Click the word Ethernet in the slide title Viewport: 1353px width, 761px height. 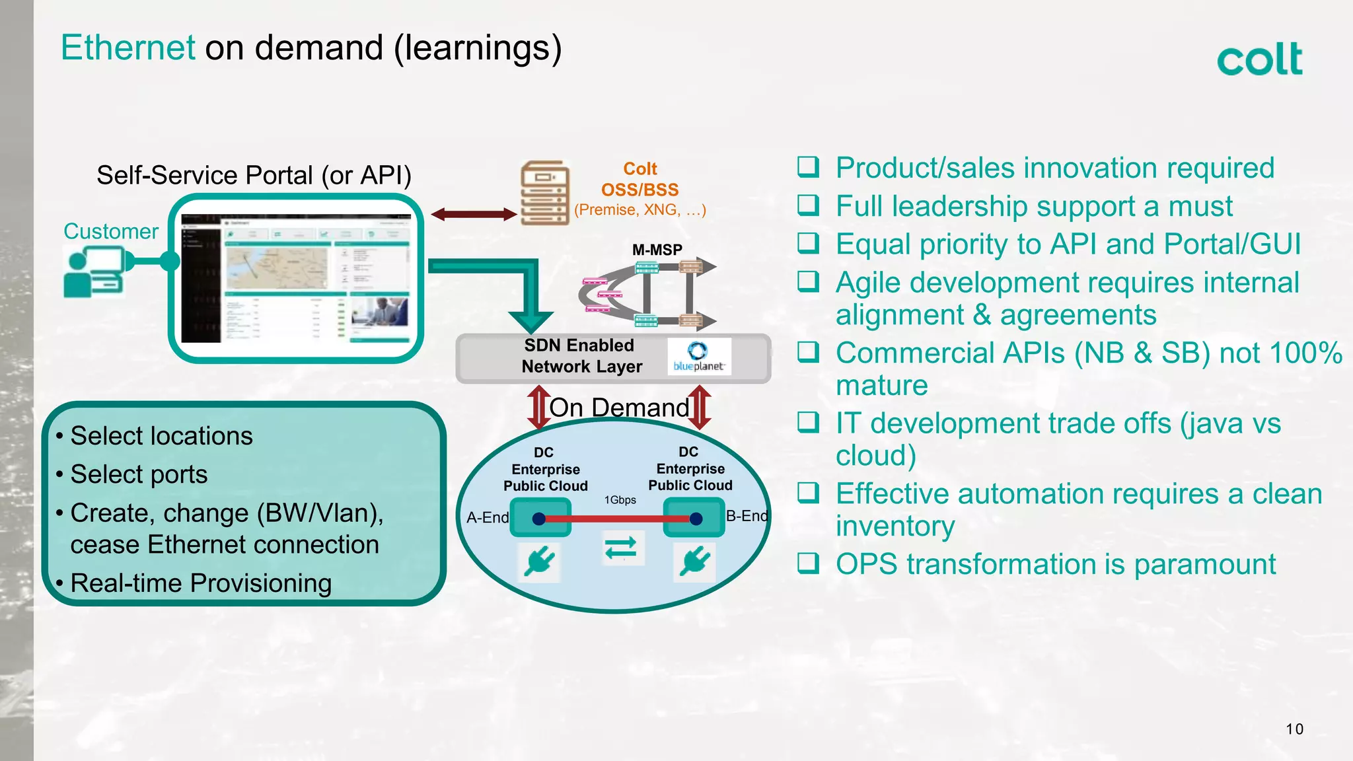pos(128,48)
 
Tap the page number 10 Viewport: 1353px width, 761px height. pos(1294,729)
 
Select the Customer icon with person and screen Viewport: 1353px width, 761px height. pos(94,272)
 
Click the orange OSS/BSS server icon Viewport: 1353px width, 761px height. pos(544,193)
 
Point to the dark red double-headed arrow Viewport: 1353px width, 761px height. pos(473,214)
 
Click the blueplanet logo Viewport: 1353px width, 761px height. pos(699,357)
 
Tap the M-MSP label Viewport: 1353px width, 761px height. pos(657,250)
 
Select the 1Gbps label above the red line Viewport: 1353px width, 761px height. pos(620,500)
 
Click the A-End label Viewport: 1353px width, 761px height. pos(488,517)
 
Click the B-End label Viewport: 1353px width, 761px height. pos(747,516)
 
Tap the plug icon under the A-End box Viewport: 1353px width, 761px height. pos(540,562)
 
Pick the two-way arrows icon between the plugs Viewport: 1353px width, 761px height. pos(621,548)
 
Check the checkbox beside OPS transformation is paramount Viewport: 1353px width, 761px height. pos(808,563)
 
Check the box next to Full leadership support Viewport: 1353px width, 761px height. pos(808,205)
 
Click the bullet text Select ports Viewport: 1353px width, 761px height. pos(139,474)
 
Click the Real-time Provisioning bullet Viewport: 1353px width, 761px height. pos(201,583)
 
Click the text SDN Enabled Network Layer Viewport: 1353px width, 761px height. pos(581,356)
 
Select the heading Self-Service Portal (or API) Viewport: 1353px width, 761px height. pos(254,176)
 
